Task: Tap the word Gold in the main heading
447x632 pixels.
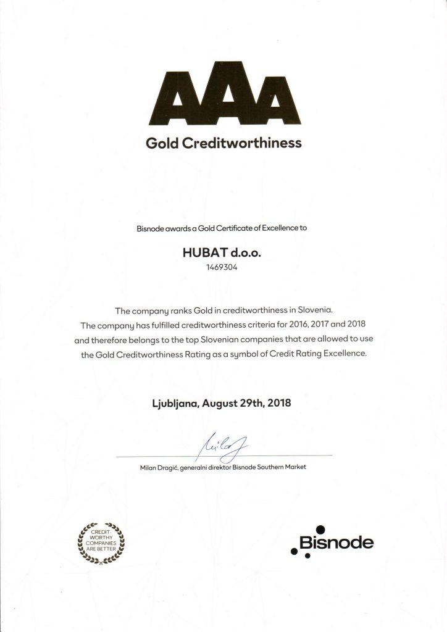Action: [x=162, y=143]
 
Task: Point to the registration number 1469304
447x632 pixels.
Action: [x=223, y=268]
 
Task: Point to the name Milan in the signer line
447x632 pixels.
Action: [x=149, y=467]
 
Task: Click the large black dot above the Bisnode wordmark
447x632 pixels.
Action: [x=320, y=529]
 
